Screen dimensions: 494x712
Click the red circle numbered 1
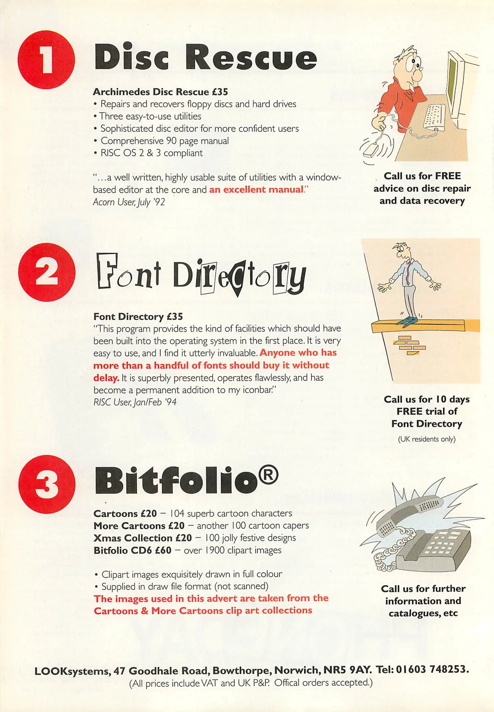[46, 60]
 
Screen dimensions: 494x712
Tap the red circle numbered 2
[46, 272]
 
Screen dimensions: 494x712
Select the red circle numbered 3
[46, 484]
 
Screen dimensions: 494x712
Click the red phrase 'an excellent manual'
[256, 190]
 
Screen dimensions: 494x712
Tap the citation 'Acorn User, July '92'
[129, 202]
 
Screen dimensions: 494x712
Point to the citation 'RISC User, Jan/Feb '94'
[135, 402]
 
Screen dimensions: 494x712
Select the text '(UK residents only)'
[427, 439]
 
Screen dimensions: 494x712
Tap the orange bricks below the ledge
[410, 345]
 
